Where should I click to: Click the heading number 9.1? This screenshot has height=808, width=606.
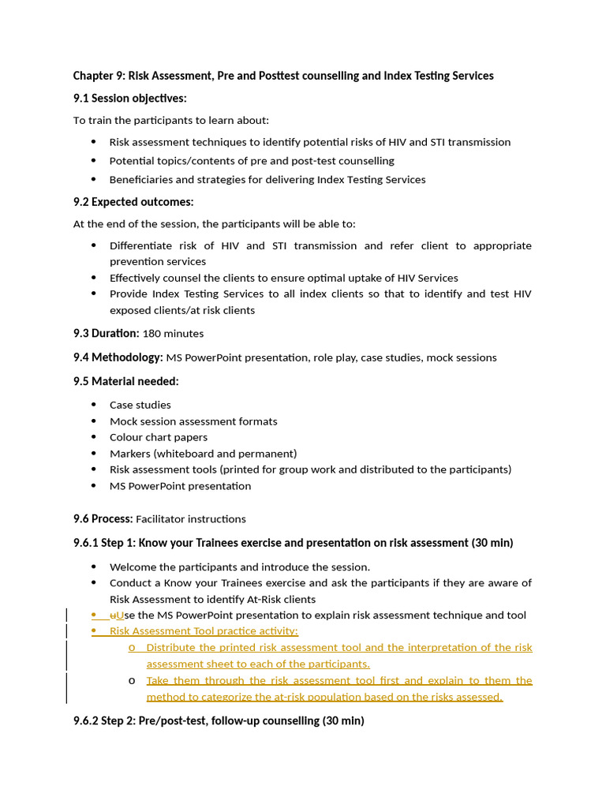click(81, 99)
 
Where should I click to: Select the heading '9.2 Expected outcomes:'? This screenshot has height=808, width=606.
click(133, 202)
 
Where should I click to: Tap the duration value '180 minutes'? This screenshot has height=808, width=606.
click(173, 334)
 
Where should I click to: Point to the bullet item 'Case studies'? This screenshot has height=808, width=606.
click(140, 405)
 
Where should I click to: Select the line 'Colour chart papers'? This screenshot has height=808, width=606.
click(159, 437)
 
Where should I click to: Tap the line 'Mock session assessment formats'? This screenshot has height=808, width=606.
click(193, 421)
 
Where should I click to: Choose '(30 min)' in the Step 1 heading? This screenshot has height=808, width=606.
click(492, 543)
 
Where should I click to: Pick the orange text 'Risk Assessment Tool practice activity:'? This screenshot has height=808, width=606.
click(204, 631)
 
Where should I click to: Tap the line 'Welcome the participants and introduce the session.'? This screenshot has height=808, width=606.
click(239, 567)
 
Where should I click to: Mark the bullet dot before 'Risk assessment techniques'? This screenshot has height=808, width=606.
click(94, 142)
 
